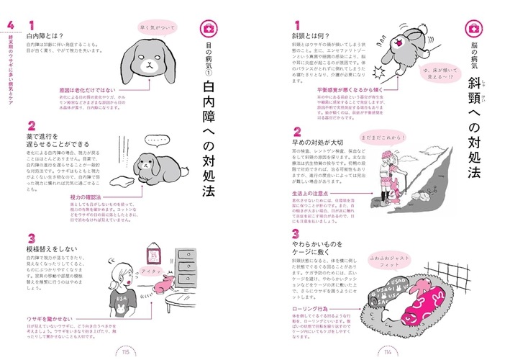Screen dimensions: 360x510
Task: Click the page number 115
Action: [126, 350]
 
